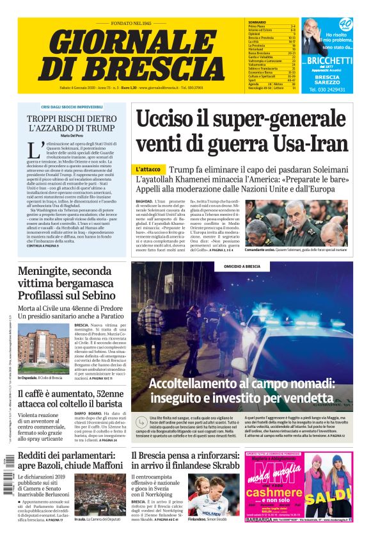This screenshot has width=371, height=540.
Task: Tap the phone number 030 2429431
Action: (x=327, y=90)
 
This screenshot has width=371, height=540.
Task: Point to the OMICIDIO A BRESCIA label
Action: (x=242, y=267)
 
